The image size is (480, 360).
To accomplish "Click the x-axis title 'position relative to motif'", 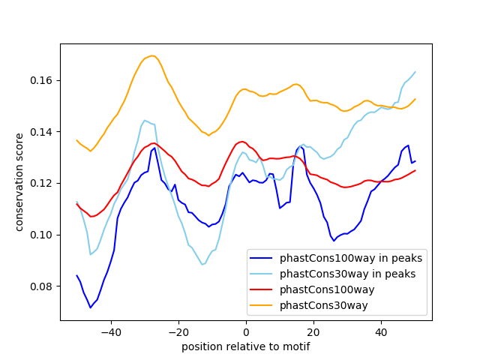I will click(x=245, y=346).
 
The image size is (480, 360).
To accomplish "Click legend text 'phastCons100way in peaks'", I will click(x=350, y=258).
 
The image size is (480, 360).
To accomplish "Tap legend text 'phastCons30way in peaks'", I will click(x=348, y=274).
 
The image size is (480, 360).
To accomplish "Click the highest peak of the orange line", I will click(x=152, y=55).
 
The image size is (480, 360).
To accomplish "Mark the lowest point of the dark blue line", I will click(x=91, y=307).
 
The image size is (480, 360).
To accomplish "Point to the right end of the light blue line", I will click(x=415, y=72).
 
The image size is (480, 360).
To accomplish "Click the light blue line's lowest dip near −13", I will click(x=202, y=264).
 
